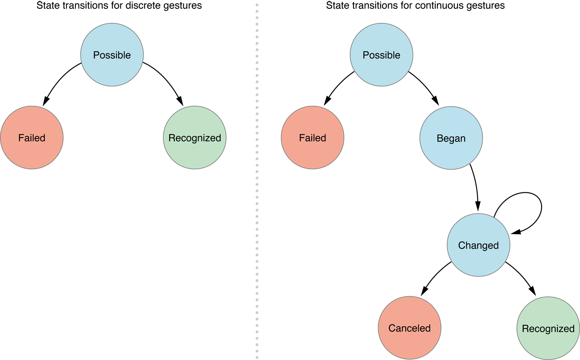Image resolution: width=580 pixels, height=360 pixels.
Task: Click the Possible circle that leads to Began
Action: (381, 55)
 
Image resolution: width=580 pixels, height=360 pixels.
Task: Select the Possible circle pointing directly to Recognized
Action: (112, 55)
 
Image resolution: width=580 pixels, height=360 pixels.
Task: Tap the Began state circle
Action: (451, 138)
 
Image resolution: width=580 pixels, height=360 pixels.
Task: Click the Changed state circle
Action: (478, 245)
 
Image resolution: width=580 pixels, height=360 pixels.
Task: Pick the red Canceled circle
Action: (410, 328)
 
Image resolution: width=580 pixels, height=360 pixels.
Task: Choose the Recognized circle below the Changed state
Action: (548, 329)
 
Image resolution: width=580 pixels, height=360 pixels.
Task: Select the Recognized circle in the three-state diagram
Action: (194, 138)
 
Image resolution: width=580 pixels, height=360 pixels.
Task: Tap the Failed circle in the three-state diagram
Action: (32, 138)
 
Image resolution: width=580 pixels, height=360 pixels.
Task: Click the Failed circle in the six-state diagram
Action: (312, 138)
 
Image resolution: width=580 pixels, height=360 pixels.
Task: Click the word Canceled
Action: (410, 328)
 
